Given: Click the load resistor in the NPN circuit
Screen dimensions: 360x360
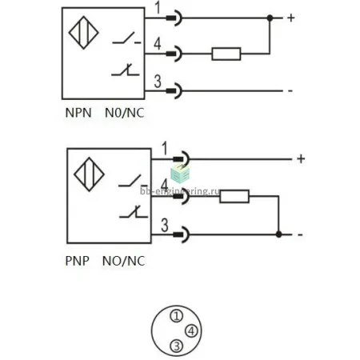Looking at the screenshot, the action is point(226,54).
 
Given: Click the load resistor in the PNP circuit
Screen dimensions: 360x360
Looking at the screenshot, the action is point(234,197).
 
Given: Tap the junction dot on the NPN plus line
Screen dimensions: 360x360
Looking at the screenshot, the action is point(270,18).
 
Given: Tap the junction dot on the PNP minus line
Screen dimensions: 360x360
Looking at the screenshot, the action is point(278,234).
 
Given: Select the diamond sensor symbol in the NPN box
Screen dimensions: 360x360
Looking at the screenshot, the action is point(84,33).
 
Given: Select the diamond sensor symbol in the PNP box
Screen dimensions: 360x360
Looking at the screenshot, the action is point(89,174).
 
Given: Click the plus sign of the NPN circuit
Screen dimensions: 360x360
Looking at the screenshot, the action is point(291,18).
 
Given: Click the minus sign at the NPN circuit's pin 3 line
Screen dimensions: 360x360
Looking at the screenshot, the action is point(290,91).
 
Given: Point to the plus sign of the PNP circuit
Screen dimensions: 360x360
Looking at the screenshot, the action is point(301,159).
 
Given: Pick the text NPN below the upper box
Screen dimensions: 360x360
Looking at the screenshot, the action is point(78,113).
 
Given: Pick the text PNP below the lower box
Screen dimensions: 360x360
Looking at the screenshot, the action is point(77,261).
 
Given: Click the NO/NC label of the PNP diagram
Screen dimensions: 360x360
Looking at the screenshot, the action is point(124,261).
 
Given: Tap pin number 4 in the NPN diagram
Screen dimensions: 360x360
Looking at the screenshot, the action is point(158,44).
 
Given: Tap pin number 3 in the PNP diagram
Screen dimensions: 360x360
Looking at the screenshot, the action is point(165,225).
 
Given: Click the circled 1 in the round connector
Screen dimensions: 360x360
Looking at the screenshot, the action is point(176,316).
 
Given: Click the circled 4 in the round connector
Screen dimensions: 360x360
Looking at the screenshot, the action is point(191,331).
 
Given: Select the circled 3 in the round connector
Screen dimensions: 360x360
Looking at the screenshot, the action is point(177,346).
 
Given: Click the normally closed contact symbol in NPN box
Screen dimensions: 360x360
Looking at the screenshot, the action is point(126,70).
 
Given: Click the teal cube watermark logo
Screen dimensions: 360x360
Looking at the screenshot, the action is point(180,174).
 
